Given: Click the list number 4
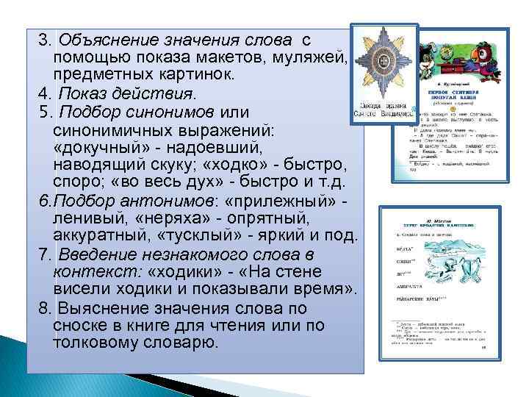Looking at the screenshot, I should (x=46, y=93).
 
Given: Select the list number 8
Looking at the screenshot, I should (x=46, y=308).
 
